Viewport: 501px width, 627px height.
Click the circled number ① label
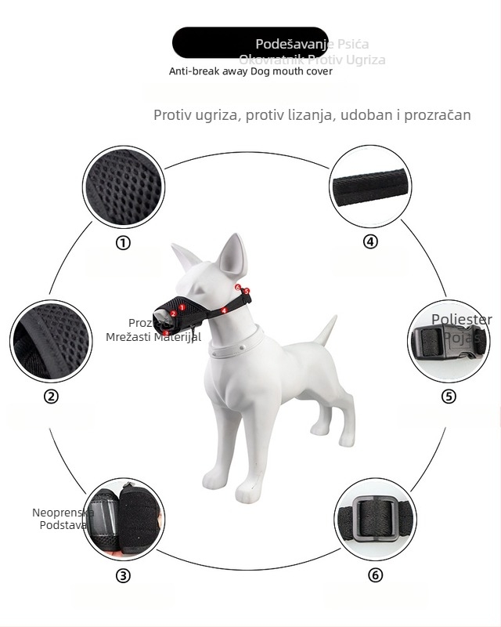tap(123, 243)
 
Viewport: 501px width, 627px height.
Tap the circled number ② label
tap(51, 397)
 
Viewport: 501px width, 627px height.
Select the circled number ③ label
tap(123, 576)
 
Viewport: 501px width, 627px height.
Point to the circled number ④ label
tap(370, 241)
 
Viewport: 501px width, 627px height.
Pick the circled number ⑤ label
tap(449, 396)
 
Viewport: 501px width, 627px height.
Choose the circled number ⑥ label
tap(376, 575)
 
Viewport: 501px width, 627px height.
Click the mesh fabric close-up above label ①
tap(124, 187)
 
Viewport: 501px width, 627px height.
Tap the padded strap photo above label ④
tap(371, 187)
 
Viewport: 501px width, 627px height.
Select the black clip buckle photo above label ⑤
tap(449, 343)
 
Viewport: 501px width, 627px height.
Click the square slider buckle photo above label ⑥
tap(376, 519)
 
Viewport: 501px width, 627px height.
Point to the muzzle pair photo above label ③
tap(123, 520)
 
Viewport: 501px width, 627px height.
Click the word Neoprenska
tap(63, 513)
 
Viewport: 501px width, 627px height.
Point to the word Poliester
tap(462, 320)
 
